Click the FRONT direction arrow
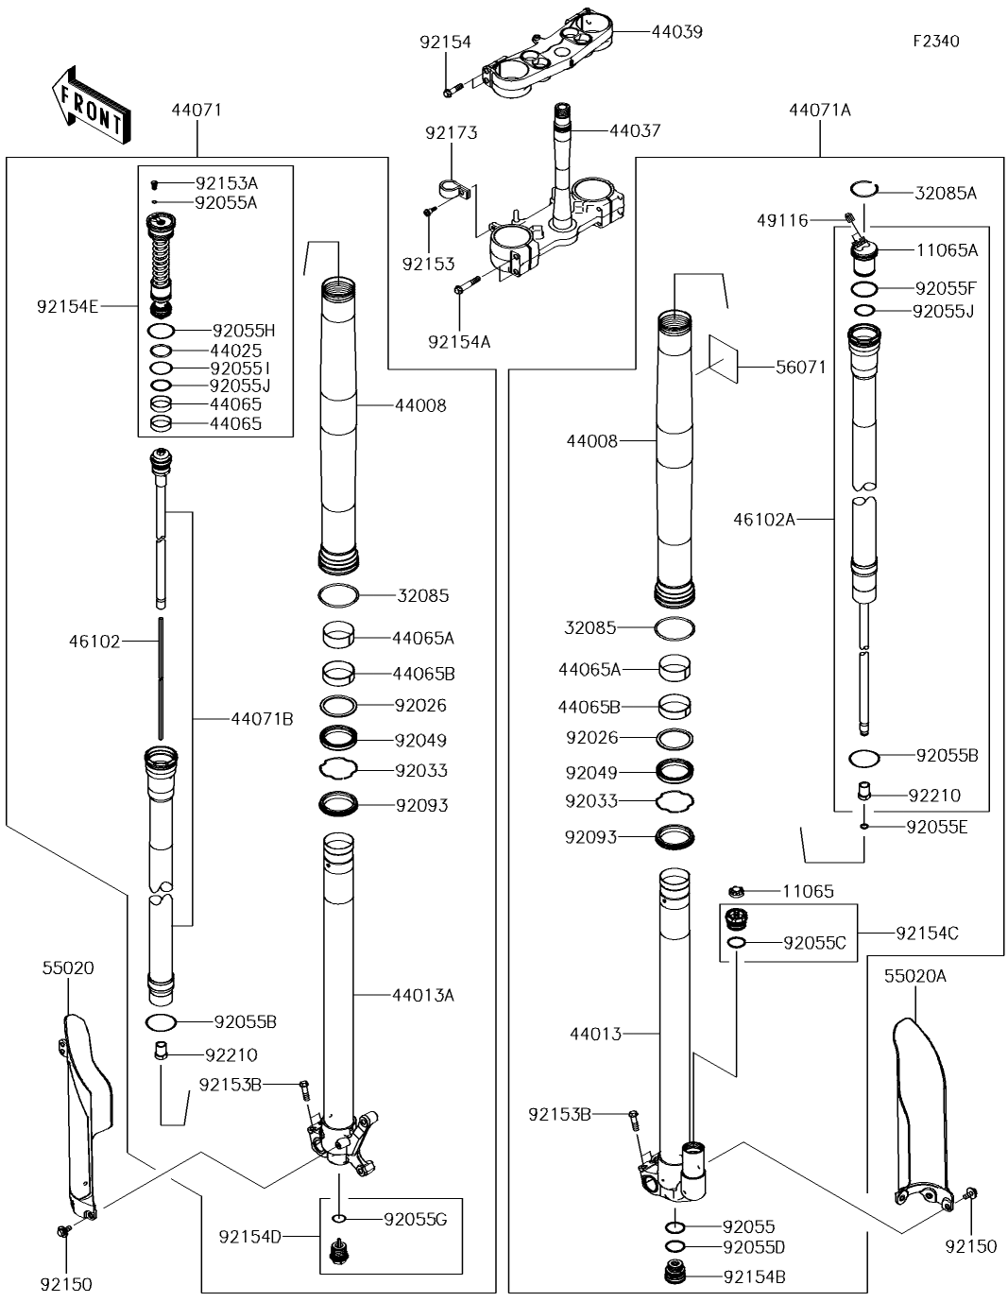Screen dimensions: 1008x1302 (91, 106)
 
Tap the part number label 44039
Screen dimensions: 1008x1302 (676, 32)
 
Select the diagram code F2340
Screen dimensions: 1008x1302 (935, 41)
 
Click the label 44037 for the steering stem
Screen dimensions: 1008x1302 (635, 130)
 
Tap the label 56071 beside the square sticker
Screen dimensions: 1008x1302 (801, 367)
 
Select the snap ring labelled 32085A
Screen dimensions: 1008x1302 (864, 188)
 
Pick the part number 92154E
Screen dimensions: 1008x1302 (67, 306)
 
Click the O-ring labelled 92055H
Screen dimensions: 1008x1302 (161, 330)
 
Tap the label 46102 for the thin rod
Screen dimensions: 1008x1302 (94, 642)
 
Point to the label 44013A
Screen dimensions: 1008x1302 (423, 995)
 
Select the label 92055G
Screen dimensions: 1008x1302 (415, 1219)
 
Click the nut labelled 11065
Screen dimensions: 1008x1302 (736, 892)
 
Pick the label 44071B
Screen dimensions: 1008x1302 (263, 718)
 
